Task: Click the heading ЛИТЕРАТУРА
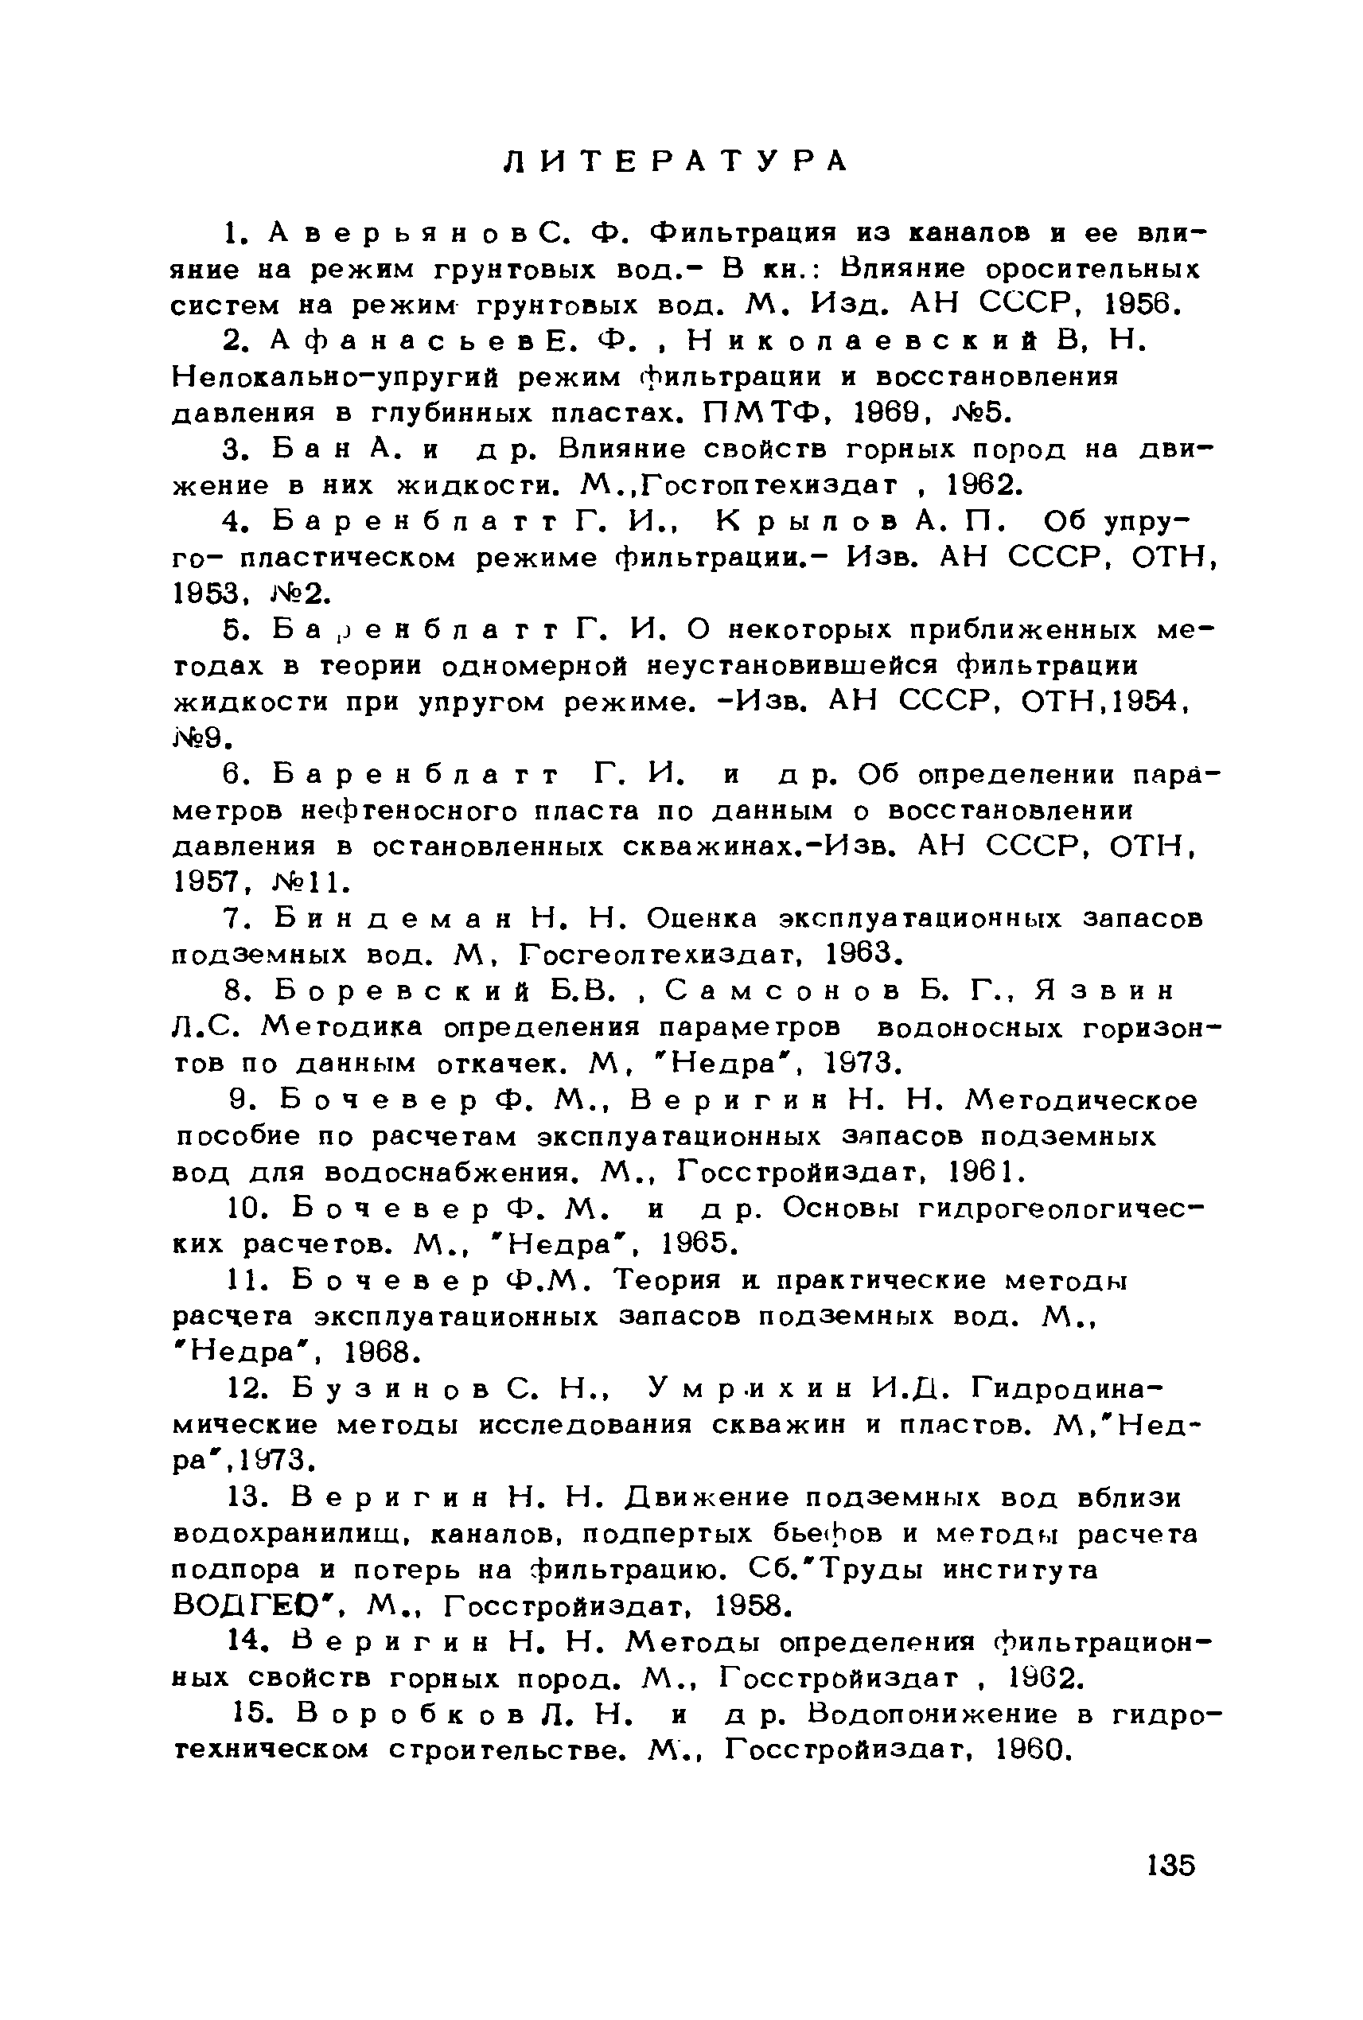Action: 676,162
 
